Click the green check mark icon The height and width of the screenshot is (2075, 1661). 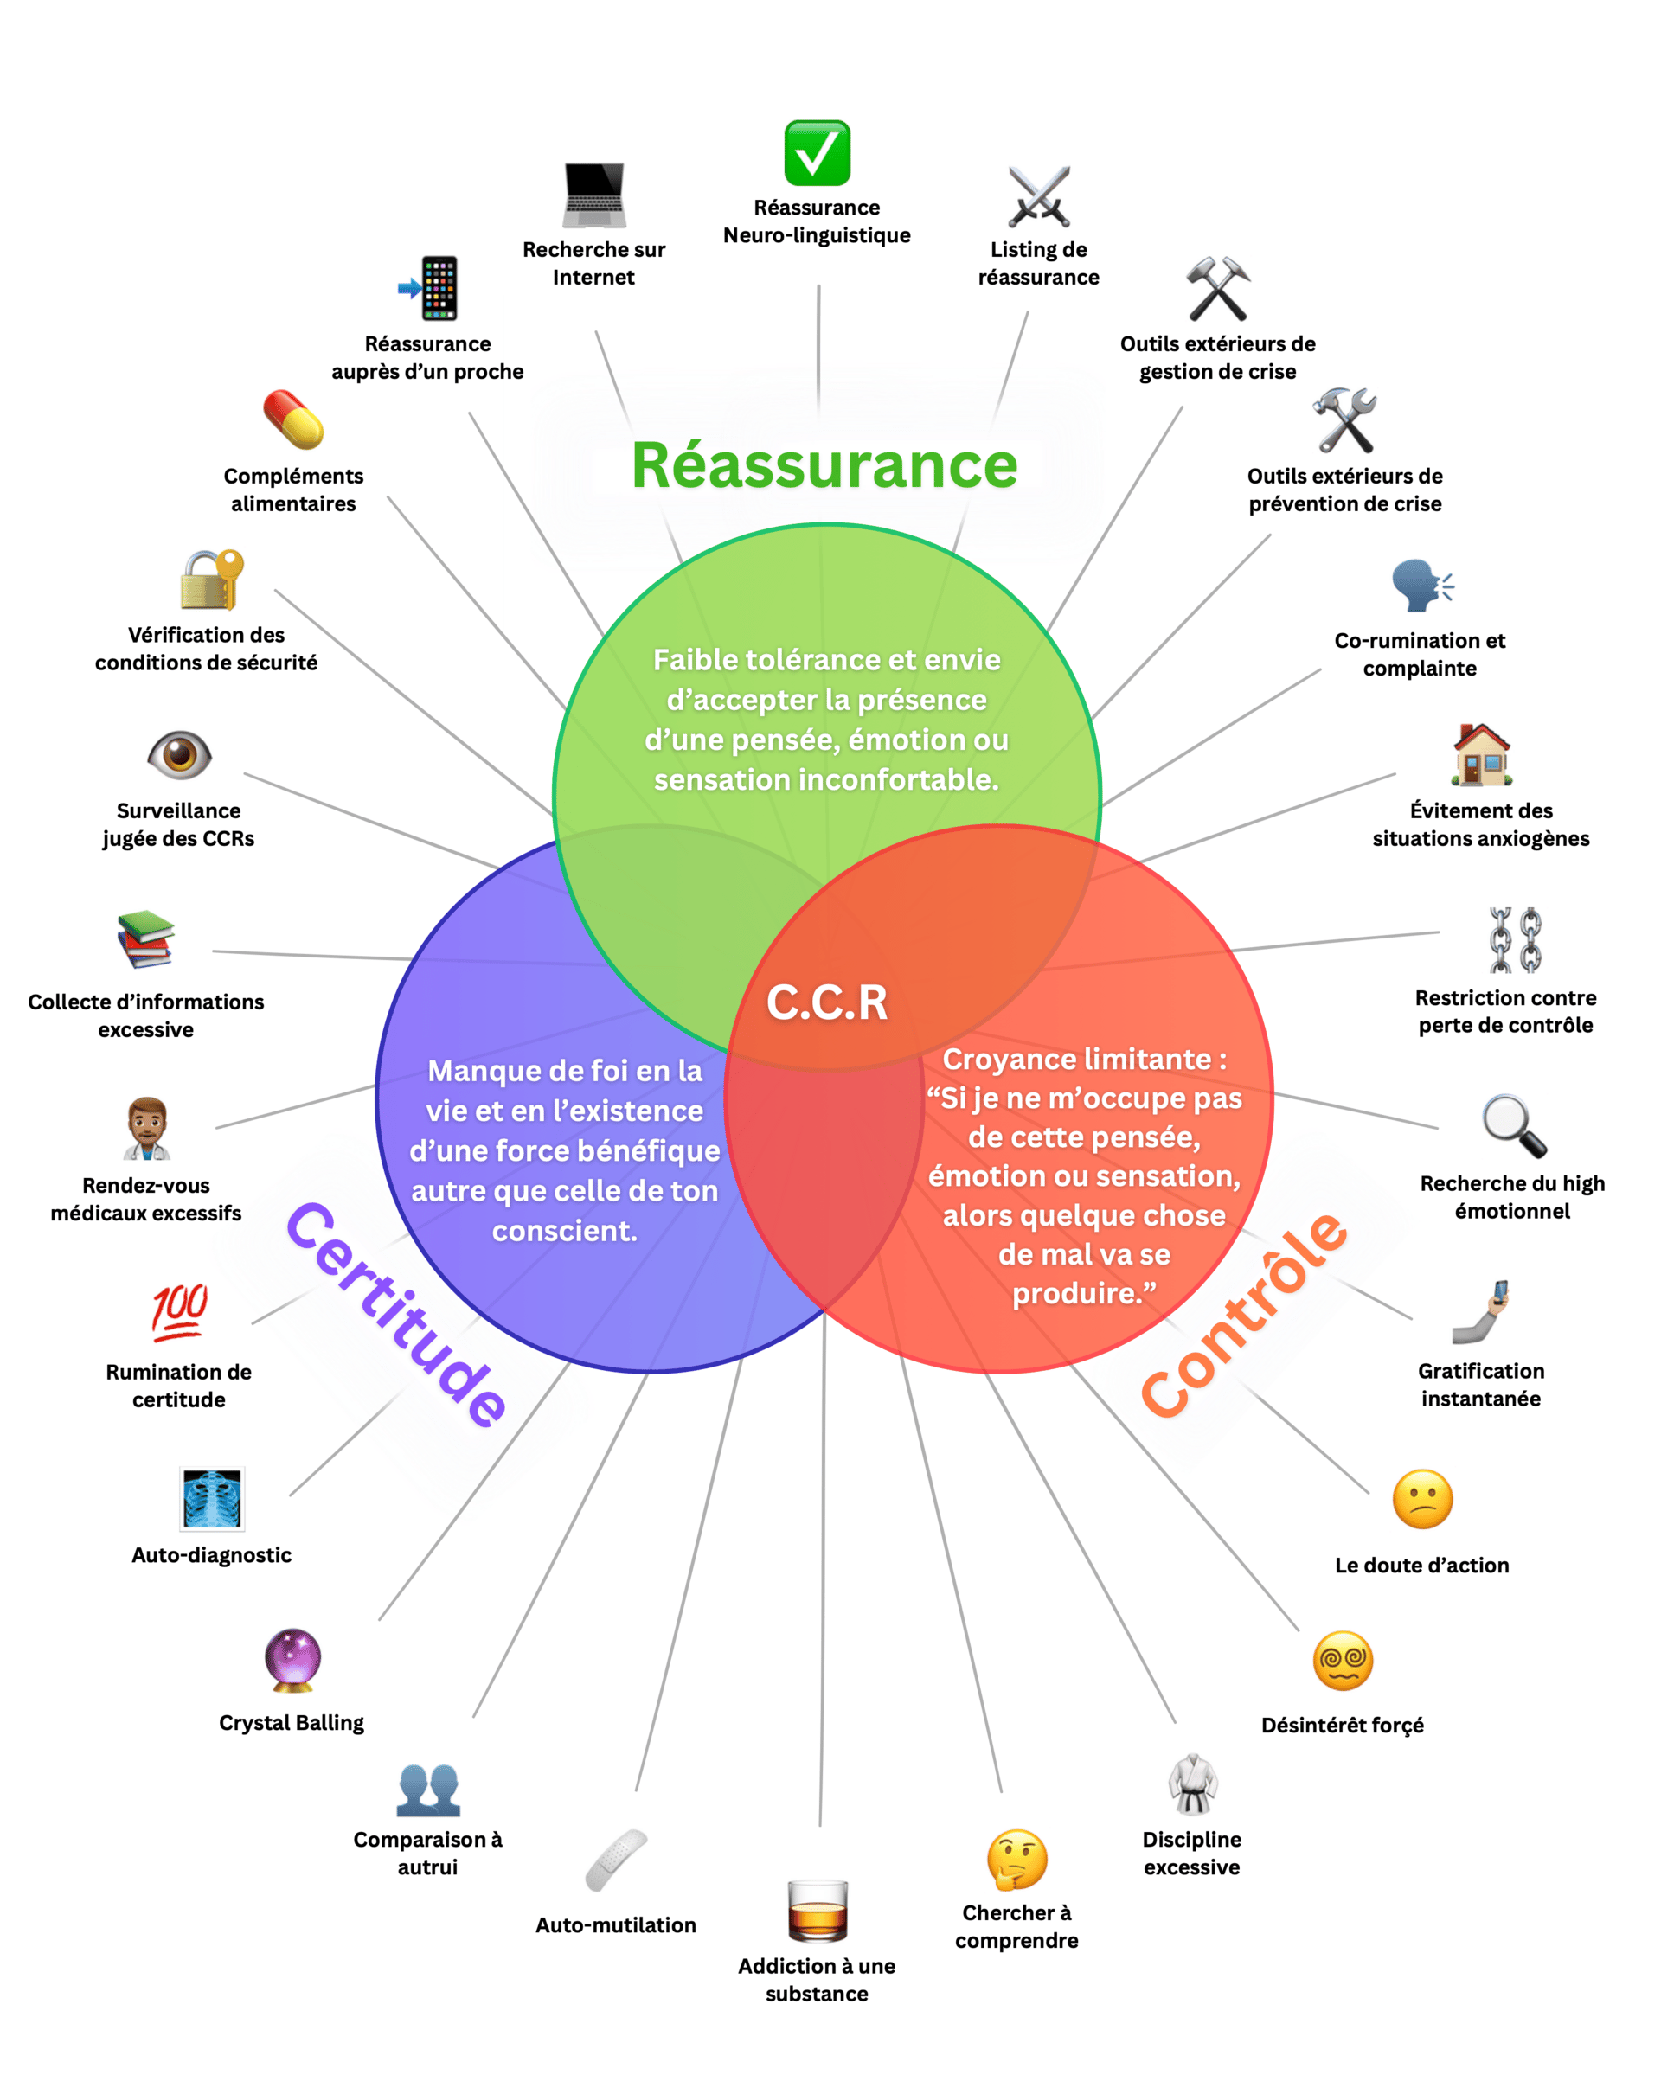click(x=817, y=152)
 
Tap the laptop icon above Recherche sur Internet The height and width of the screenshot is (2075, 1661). click(x=593, y=195)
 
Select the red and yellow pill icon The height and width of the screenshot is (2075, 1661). click(x=293, y=419)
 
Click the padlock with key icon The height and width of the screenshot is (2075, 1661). click(x=212, y=580)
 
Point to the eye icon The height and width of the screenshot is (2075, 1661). click(x=179, y=754)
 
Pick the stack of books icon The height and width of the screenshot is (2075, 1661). click(x=146, y=939)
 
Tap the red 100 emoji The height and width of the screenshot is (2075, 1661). click(x=179, y=1311)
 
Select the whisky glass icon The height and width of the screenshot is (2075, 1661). click(x=817, y=1911)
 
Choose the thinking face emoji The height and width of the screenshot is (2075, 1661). click(x=1016, y=1860)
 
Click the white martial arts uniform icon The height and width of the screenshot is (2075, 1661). click(x=1192, y=1784)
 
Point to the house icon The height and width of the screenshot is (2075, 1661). click(x=1482, y=754)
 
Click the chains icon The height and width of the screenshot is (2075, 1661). click(x=1515, y=939)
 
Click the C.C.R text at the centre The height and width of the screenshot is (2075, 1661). click(x=827, y=1002)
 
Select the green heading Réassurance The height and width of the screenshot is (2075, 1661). click(x=824, y=466)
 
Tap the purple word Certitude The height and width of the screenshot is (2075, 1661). click(x=395, y=1315)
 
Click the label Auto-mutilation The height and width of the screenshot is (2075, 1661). click(x=616, y=1924)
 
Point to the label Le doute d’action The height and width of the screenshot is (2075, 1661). click(x=1421, y=1565)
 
